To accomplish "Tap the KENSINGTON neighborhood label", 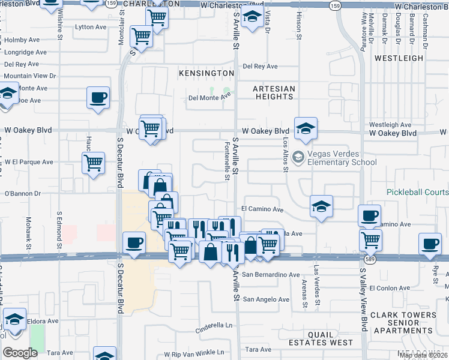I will click(x=206, y=73).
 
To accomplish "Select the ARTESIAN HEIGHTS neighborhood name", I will click(x=274, y=93).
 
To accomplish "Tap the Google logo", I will click(x=20, y=353).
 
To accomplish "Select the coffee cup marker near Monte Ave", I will click(x=98, y=98).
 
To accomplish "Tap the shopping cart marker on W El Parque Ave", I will click(x=93, y=163).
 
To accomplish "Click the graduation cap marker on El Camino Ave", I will click(x=322, y=206).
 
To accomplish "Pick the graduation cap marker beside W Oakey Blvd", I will click(x=306, y=128).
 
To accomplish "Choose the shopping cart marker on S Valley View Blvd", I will click(x=371, y=240).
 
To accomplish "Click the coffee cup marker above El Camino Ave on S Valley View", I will click(x=370, y=215).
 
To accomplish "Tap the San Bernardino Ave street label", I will click(x=270, y=275).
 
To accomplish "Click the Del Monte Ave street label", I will click(x=209, y=97).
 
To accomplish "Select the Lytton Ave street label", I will click(x=91, y=27).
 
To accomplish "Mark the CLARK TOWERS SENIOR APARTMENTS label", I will click(x=403, y=323).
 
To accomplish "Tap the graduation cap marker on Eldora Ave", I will click(x=14, y=319).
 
